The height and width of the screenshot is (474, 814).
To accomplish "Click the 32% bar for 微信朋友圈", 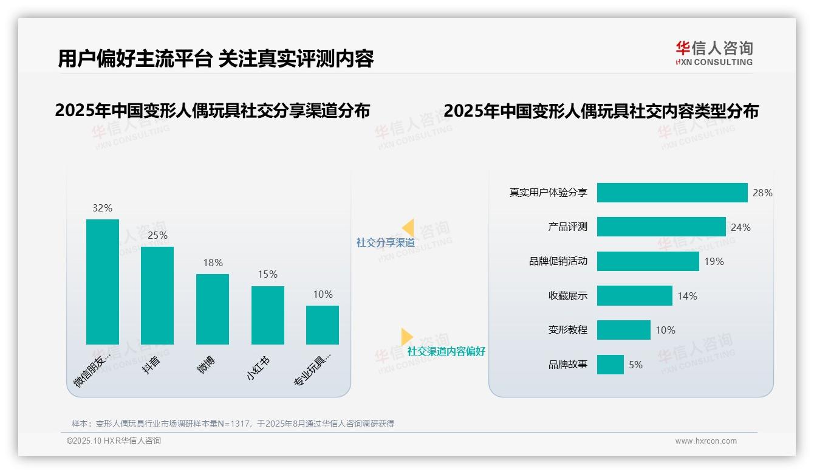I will [103, 282].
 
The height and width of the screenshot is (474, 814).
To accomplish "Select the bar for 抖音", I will [157, 295].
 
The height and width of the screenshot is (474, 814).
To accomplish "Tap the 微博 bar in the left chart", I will [213, 309].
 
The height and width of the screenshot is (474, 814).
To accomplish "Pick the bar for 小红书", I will [268, 315].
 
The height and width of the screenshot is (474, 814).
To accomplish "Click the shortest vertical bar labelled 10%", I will [323, 325].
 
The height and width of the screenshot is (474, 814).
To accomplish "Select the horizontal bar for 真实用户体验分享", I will [672, 193].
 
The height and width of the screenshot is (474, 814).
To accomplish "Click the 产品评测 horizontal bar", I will [661, 227].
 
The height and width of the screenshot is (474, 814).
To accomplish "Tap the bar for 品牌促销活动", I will [648, 261].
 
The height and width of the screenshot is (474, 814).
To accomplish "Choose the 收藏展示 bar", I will [634, 296].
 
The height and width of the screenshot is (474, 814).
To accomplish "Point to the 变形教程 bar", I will [623, 330].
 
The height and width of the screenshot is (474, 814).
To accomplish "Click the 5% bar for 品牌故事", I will [610, 365].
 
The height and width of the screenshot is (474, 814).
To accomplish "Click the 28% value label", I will [762, 193].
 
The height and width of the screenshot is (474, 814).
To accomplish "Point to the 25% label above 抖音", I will [157, 235].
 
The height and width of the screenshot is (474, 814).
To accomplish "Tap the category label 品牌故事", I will [568, 365].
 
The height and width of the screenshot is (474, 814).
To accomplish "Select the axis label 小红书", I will [258, 368].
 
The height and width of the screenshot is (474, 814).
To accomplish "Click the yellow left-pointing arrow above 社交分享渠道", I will [408, 227].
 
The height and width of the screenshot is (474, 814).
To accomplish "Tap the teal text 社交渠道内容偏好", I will [446, 351].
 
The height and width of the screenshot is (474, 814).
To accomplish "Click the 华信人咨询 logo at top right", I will [714, 52].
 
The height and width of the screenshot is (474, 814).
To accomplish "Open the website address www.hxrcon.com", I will [706, 441].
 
